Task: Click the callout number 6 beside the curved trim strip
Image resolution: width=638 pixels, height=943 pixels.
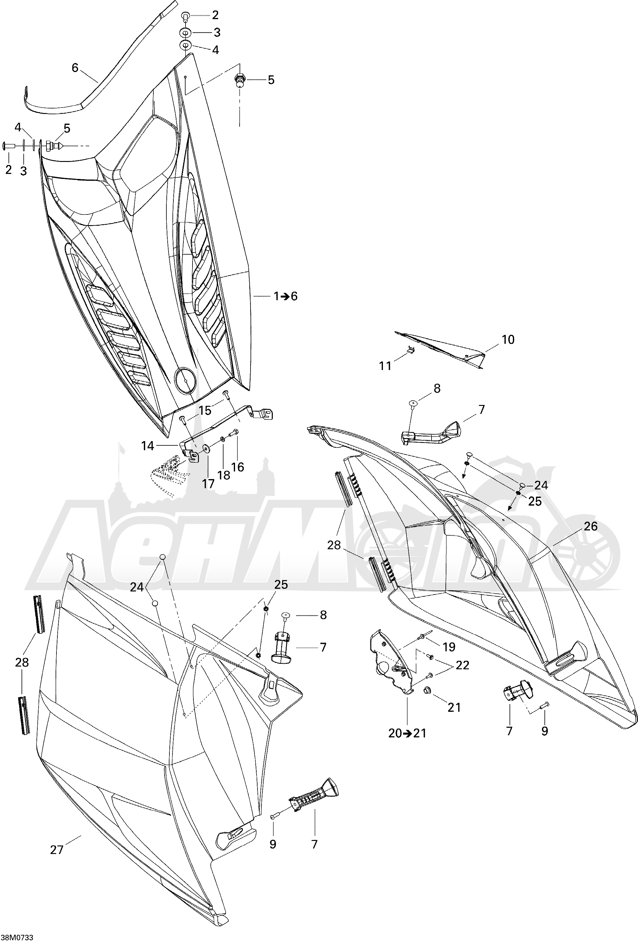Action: pos(75,68)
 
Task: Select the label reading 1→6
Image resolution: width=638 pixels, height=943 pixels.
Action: pos(285,297)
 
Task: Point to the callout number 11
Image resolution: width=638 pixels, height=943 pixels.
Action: pos(385,366)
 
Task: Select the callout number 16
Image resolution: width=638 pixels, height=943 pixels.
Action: pos(238,467)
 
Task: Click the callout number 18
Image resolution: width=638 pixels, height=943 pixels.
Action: pos(223,475)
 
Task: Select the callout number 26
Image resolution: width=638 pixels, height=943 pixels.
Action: pos(591,526)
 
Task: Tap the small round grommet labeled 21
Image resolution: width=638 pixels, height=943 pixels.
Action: pos(427,690)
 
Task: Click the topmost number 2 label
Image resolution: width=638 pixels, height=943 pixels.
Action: pos(215,15)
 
